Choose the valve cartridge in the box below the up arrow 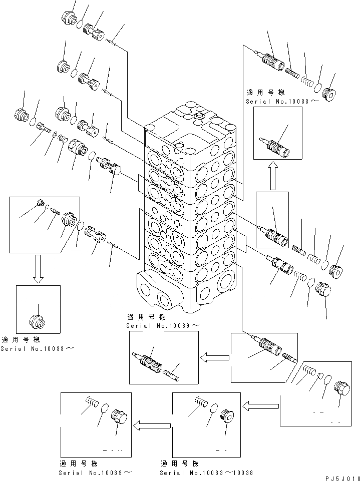[273, 233]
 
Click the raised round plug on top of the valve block [197, 116]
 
